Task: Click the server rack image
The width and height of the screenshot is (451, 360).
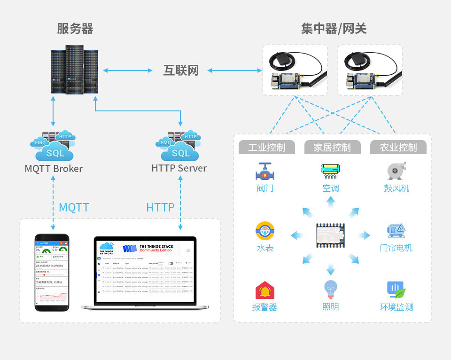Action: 74,70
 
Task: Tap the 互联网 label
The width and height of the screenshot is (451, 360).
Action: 181,70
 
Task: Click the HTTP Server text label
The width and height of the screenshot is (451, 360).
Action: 179,168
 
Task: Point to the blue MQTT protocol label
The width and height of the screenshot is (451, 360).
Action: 74,207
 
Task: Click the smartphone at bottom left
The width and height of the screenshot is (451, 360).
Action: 52,272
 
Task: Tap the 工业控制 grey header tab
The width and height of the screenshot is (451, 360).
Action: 266,148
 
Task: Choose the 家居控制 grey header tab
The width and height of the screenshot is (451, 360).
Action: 333,148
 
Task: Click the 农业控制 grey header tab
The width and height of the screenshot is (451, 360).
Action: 398,148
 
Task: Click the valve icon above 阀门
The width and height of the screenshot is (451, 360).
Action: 265,172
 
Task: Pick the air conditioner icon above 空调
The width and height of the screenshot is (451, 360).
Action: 331,172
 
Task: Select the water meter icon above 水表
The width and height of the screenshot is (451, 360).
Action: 265,231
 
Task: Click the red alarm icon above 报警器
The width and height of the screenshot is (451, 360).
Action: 265,290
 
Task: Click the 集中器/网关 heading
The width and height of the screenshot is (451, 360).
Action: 334,29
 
